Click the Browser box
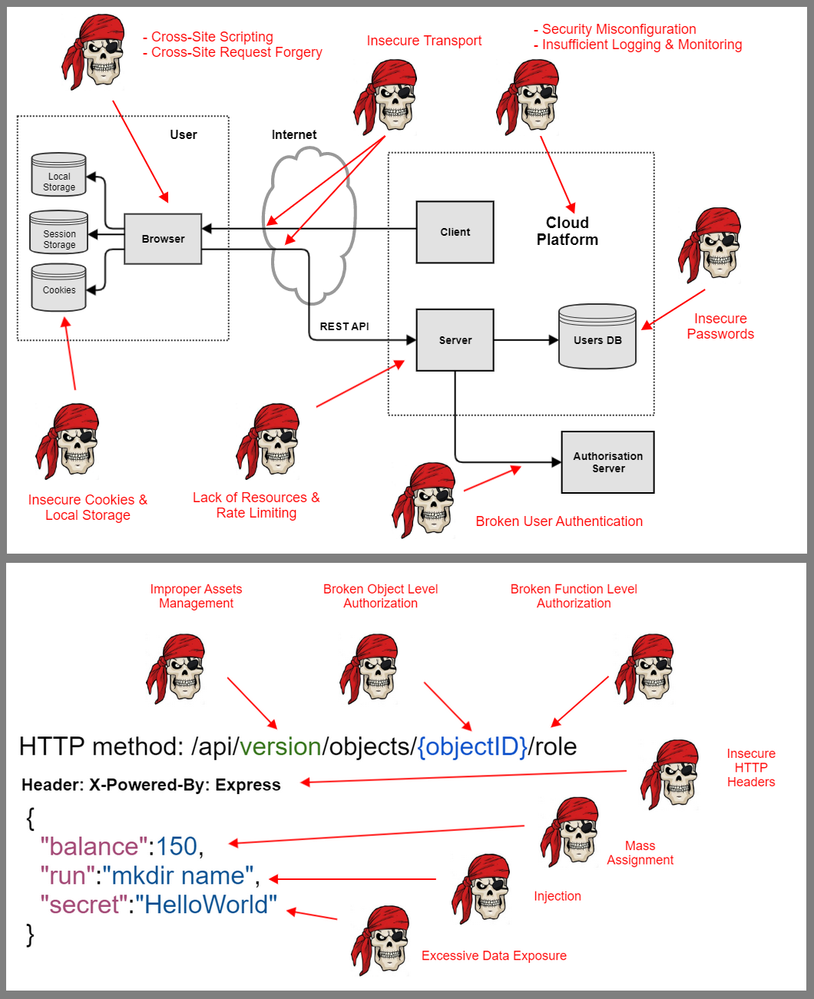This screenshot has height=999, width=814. point(163,239)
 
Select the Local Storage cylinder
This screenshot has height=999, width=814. point(59,175)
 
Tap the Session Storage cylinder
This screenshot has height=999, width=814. point(59,233)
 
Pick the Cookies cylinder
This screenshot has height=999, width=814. point(59,288)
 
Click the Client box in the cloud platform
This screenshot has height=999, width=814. point(455,232)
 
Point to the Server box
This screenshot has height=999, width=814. point(455,340)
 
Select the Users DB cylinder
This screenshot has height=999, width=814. point(597,338)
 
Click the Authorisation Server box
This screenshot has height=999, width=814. point(607,462)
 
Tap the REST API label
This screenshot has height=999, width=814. point(344,326)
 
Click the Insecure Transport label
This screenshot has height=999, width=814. point(424,41)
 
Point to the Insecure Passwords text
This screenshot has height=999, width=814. point(720,326)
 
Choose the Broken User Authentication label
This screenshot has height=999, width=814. point(559,521)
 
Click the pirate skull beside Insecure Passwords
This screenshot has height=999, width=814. point(710,244)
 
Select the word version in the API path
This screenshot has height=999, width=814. point(280,746)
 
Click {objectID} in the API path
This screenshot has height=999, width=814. point(472,746)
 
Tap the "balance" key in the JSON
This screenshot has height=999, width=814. point(94,846)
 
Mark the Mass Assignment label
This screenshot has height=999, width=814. point(640,853)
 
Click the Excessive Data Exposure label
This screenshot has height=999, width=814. point(494,956)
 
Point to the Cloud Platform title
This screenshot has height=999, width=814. point(567,231)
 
